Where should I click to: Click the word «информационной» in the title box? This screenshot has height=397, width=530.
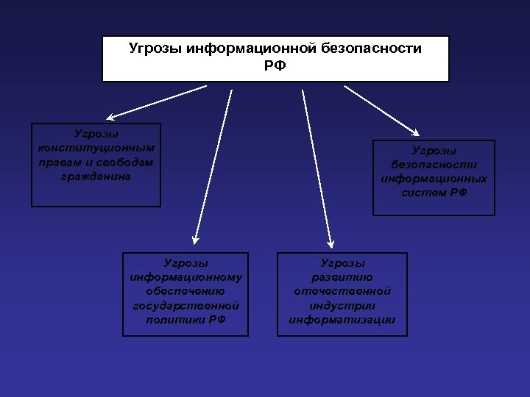point(252,49)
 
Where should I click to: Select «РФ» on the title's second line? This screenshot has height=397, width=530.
point(275,66)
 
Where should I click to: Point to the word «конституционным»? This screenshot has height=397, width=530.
point(96,147)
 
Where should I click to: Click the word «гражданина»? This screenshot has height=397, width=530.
point(96,176)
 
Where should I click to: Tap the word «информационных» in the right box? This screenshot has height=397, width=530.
point(434,179)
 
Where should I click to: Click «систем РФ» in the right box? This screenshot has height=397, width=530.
point(434,193)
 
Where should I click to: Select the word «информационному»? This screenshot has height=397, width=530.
point(185,277)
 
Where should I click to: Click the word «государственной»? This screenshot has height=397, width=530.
point(185,305)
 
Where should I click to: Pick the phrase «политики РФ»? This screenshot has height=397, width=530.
point(185,319)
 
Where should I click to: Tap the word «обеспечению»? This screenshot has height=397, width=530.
point(185,291)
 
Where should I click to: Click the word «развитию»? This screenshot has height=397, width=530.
point(342,277)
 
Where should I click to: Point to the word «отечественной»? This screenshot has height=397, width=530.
point(342,291)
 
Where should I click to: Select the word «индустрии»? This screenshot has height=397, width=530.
point(342,305)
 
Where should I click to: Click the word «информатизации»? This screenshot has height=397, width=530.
point(342,319)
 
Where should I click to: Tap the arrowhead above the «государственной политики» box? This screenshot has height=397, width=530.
point(194,239)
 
